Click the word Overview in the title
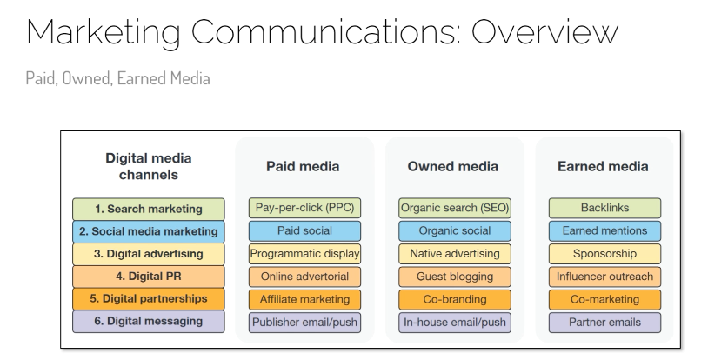pyautogui.click(x=544, y=32)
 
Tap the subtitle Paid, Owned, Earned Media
pyautogui.click(x=117, y=78)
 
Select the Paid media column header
pyautogui.click(x=303, y=166)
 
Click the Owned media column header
pyautogui.click(x=453, y=166)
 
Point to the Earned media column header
pyautogui.click(x=603, y=166)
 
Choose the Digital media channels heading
pyautogui.click(x=149, y=166)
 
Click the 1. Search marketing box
pyautogui.click(x=149, y=209)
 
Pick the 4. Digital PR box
pyautogui.click(x=149, y=276)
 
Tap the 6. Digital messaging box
pyautogui.click(x=149, y=321)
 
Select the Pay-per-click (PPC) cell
pyautogui.click(x=304, y=208)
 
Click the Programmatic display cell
pyautogui.click(x=304, y=253)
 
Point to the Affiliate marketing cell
pyautogui.click(x=304, y=299)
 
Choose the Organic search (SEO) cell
pyautogui.click(x=455, y=208)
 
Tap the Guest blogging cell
pyautogui.click(x=455, y=277)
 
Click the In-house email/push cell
pyautogui.click(x=455, y=323)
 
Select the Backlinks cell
pyautogui.click(x=604, y=208)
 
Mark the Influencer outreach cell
pyautogui.click(x=604, y=277)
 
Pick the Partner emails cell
pyautogui.click(x=604, y=323)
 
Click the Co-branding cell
pyautogui.click(x=455, y=299)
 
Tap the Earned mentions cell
pyautogui.click(x=604, y=230)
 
